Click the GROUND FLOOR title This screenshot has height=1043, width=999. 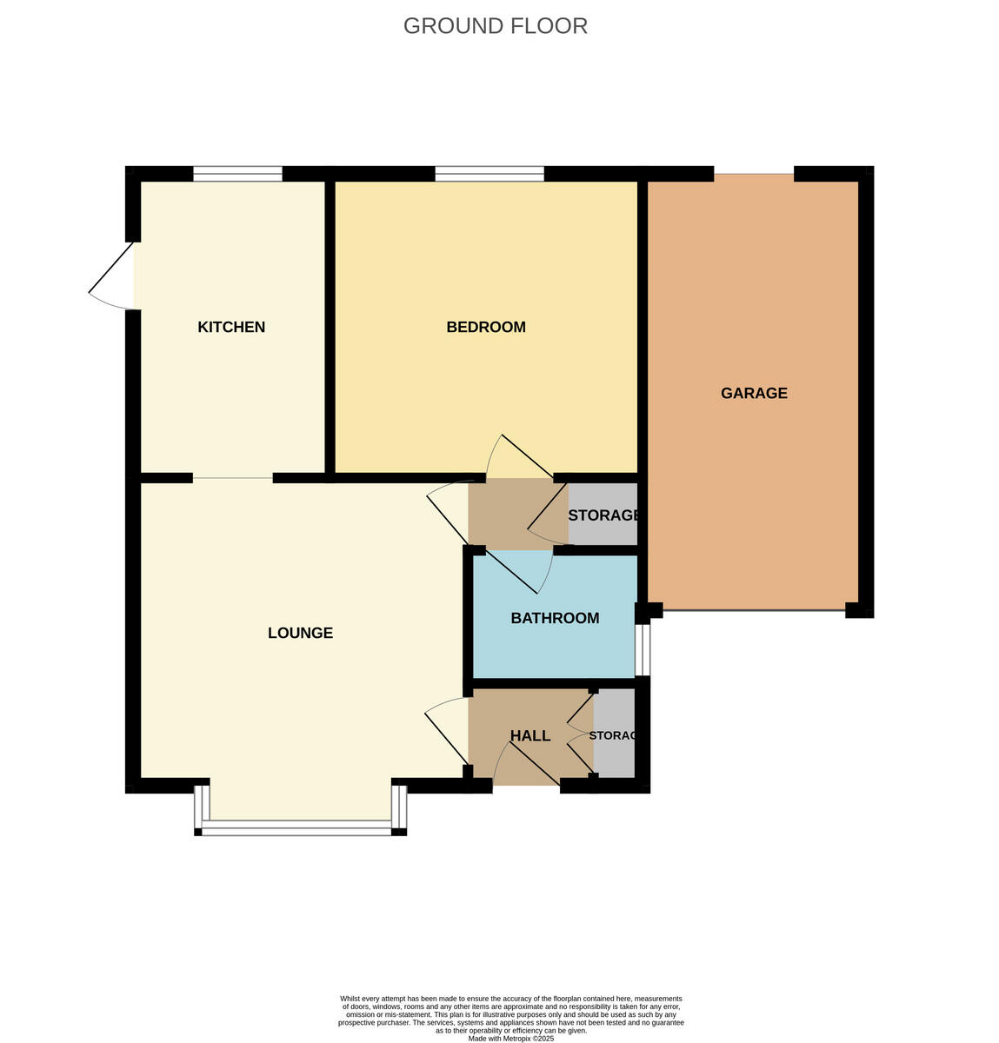[x=495, y=26]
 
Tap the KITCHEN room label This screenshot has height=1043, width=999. [x=231, y=328]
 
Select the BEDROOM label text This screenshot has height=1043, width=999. [x=485, y=328]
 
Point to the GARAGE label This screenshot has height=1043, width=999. [x=754, y=393]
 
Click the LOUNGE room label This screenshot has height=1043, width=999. [x=300, y=633]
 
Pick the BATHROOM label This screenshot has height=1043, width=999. [x=555, y=618]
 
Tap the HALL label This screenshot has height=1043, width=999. [x=529, y=736]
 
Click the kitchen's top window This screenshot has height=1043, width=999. [x=237, y=174]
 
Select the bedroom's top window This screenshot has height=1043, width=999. [x=490, y=174]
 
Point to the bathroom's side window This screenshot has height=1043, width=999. [x=643, y=649]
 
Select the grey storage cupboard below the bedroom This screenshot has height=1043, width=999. [x=603, y=515]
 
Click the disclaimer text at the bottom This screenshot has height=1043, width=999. [x=510, y=1018]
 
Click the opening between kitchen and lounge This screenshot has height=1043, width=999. [x=232, y=478]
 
